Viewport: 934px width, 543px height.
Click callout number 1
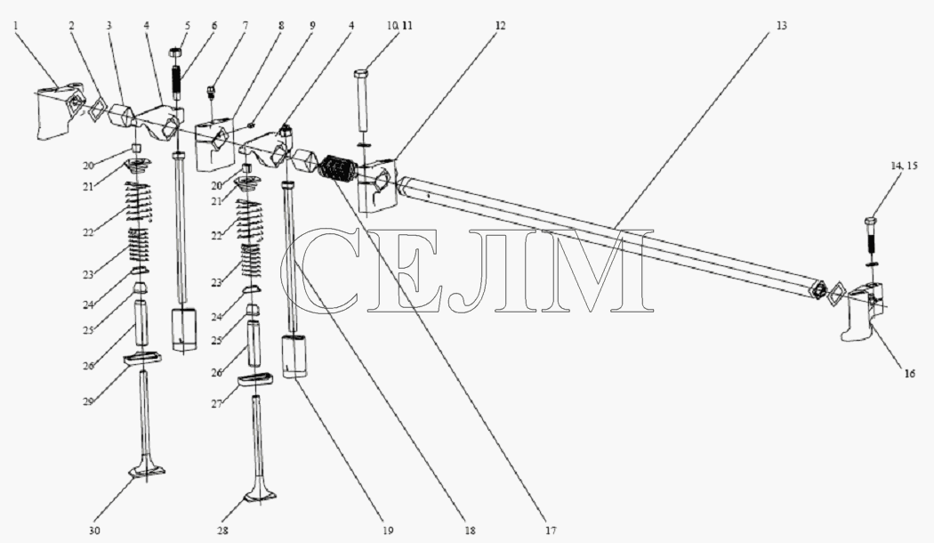pos(16,26)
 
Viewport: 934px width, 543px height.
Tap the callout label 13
pos(781,26)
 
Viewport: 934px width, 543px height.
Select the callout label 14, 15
pos(905,166)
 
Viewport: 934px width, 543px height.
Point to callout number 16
pos(909,374)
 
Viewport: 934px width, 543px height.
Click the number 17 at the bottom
pos(550,530)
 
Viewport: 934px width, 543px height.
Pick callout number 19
pos(388,530)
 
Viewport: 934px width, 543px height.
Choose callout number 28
pos(222,530)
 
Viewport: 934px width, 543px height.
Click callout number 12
pos(499,26)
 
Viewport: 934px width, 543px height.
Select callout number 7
pos(245,26)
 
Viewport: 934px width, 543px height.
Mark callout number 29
pos(88,401)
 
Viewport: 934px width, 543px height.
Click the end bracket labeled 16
pos(863,312)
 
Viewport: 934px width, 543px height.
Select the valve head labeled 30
pos(147,471)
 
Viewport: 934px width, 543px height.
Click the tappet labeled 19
pos(294,356)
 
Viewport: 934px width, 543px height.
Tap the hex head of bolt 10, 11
pos(361,73)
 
